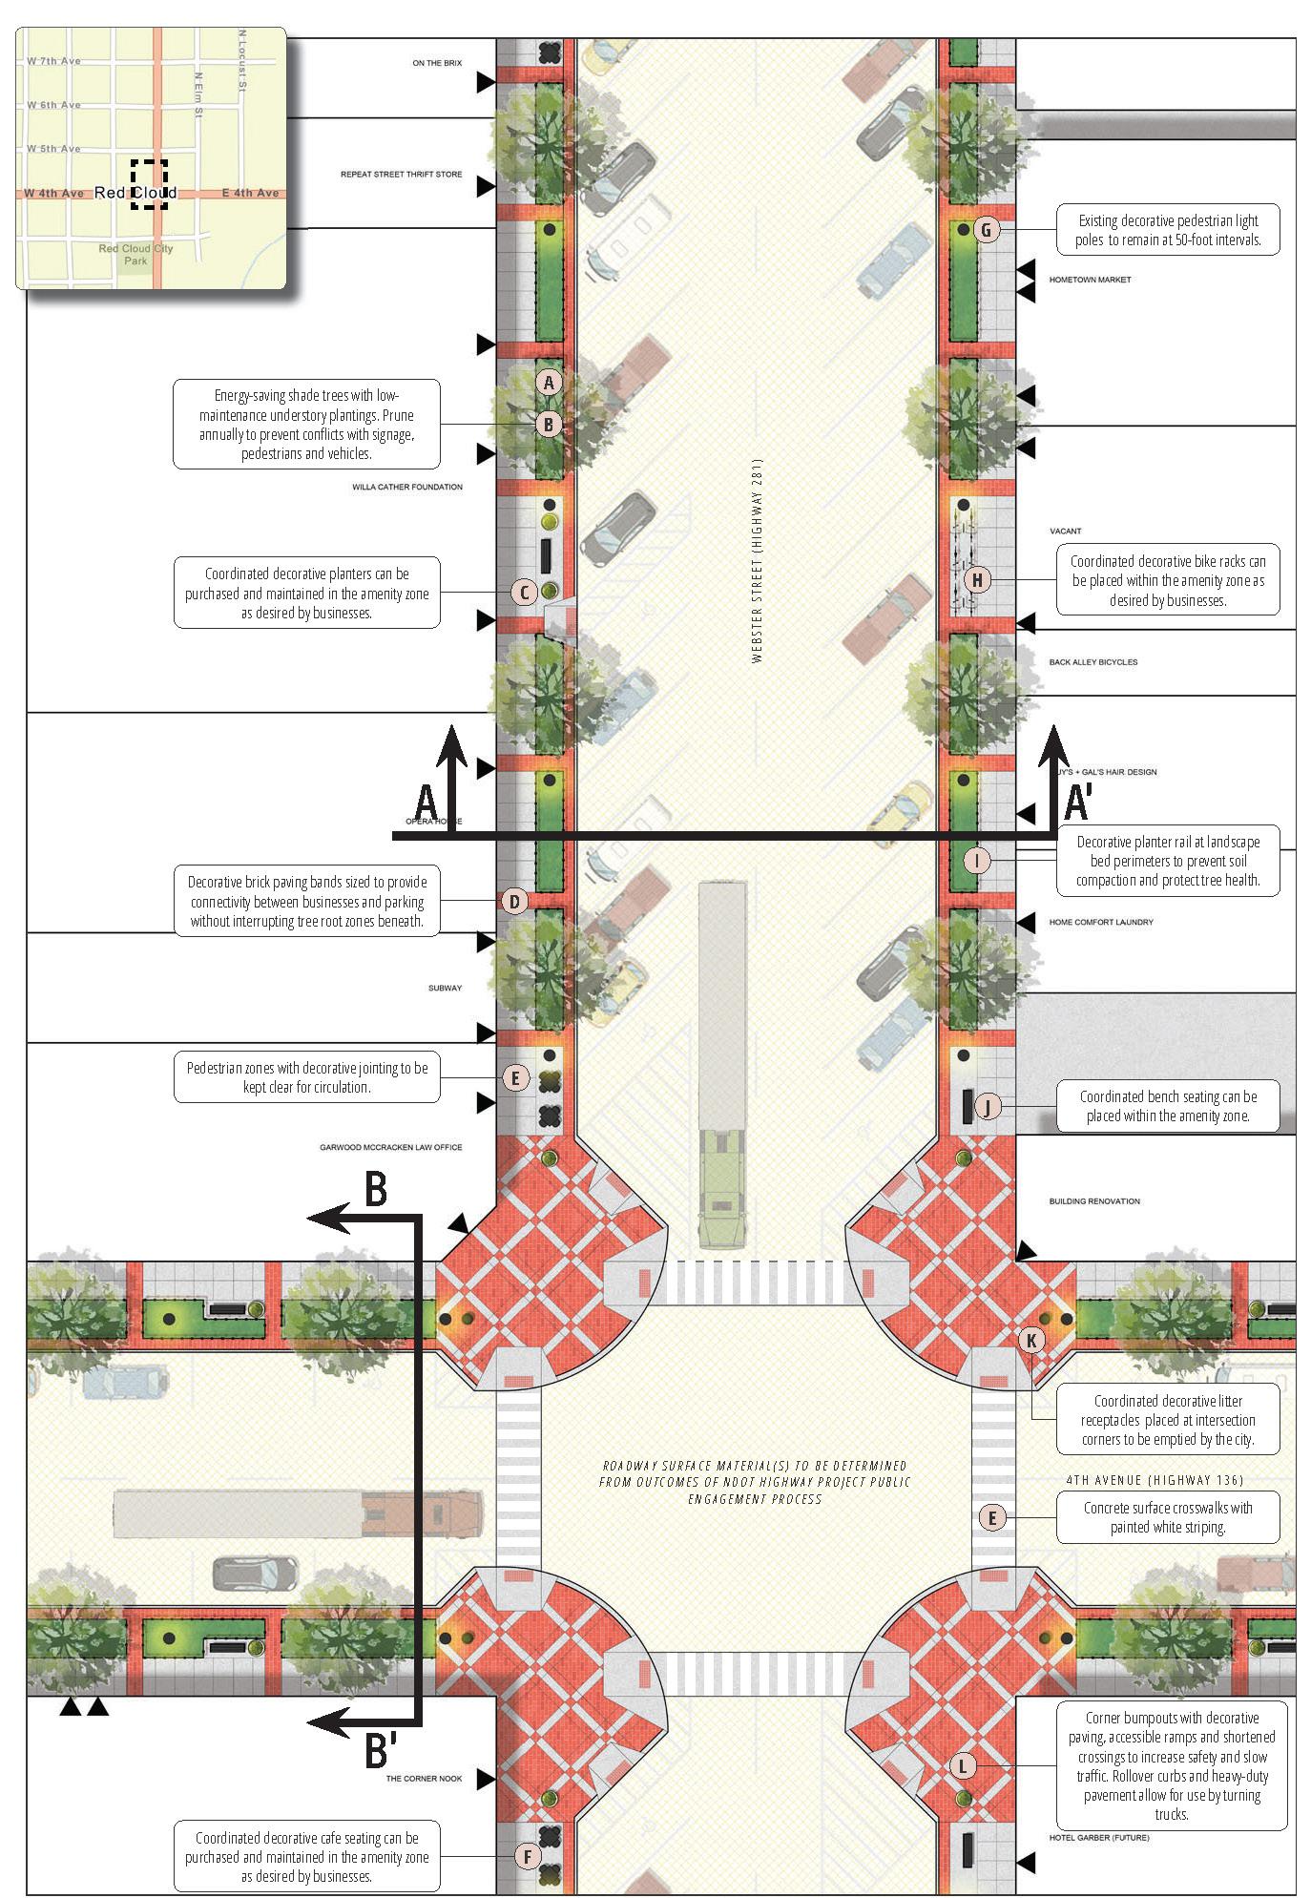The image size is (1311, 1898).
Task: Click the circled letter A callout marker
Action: click(549, 383)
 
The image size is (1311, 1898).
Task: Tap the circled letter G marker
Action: click(987, 229)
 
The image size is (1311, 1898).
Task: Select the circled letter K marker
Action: click(1031, 1340)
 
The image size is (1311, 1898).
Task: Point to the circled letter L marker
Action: click(962, 1766)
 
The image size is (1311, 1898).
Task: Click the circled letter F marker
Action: click(527, 1856)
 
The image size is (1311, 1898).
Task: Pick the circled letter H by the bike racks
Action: click(977, 579)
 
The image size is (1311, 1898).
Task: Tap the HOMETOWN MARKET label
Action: click(1090, 280)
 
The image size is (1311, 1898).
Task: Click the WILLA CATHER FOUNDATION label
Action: click(407, 487)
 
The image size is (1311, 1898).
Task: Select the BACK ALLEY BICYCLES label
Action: click(1093, 661)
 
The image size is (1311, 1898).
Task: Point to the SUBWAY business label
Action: click(445, 988)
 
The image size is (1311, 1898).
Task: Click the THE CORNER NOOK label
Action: click(424, 1779)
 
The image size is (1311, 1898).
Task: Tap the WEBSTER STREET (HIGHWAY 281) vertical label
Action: click(758, 561)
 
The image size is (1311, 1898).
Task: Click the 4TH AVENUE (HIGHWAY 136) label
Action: click(1155, 1480)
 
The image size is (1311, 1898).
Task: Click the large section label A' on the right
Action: click(1077, 802)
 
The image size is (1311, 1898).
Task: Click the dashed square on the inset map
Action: click(149, 184)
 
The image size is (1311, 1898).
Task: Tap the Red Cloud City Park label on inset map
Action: click(135, 255)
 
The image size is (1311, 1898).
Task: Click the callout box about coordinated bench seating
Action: click(1168, 1106)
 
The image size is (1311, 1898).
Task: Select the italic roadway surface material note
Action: click(755, 1482)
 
